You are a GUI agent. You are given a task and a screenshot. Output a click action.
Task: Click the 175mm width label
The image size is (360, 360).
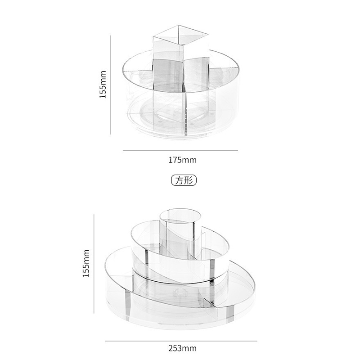click(x=183, y=160)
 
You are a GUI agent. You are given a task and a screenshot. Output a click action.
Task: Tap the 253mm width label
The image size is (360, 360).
click(x=183, y=348)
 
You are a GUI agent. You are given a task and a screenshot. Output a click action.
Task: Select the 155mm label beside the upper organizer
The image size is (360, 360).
click(x=103, y=84)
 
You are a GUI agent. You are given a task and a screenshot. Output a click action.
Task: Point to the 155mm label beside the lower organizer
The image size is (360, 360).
click(x=86, y=263)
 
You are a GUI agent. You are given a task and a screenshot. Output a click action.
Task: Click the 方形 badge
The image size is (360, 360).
click(x=184, y=180)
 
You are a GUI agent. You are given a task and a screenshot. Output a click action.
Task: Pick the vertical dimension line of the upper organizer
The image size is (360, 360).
click(x=111, y=85)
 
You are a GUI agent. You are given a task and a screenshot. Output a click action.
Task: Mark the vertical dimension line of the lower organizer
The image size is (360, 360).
click(x=94, y=264)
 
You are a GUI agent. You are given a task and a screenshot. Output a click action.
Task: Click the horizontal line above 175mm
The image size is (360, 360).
click(x=180, y=151)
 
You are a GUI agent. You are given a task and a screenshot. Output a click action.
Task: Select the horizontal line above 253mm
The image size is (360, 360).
click(x=181, y=341)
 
